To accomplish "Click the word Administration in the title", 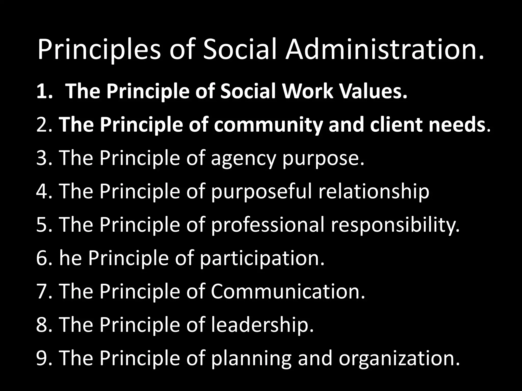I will pyautogui.click(x=384, y=49).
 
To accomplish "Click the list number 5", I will pyautogui.click(x=42, y=225).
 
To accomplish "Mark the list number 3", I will pyautogui.click(x=42, y=158).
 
